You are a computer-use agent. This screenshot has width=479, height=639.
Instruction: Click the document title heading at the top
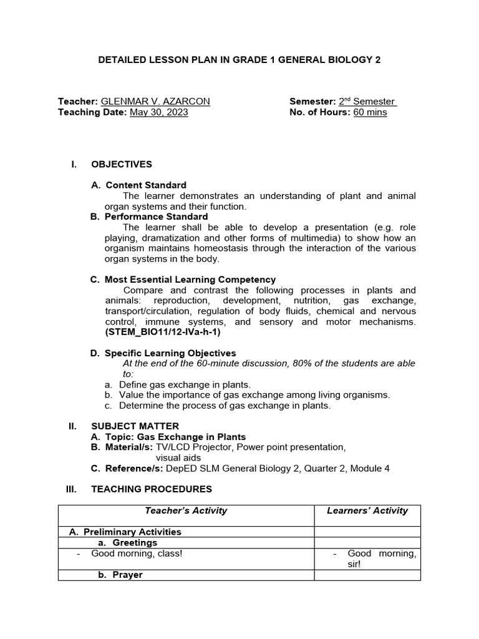point(239,60)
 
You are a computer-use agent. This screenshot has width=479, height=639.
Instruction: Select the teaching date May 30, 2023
point(158,112)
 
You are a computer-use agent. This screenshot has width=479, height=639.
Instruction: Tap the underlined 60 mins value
point(370,112)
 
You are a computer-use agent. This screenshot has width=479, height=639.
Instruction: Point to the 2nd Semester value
point(367,102)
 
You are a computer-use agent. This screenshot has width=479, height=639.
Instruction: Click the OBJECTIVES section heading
point(122,165)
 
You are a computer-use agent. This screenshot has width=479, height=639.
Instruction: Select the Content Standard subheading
point(145,185)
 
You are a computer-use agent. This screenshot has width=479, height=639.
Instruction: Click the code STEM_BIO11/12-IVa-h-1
point(162,333)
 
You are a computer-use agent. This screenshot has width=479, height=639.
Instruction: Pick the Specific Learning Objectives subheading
point(170,353)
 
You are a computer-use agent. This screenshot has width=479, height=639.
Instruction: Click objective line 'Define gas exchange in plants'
point(185,385)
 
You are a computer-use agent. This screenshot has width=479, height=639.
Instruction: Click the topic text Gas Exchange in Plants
point(193,437)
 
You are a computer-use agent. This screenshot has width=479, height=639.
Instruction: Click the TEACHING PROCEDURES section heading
point(152,489)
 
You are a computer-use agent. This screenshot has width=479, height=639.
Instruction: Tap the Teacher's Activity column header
point(186,510)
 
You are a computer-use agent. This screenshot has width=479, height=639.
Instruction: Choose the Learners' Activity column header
point(367,510)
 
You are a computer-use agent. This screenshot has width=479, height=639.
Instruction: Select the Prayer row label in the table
point(127,575)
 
